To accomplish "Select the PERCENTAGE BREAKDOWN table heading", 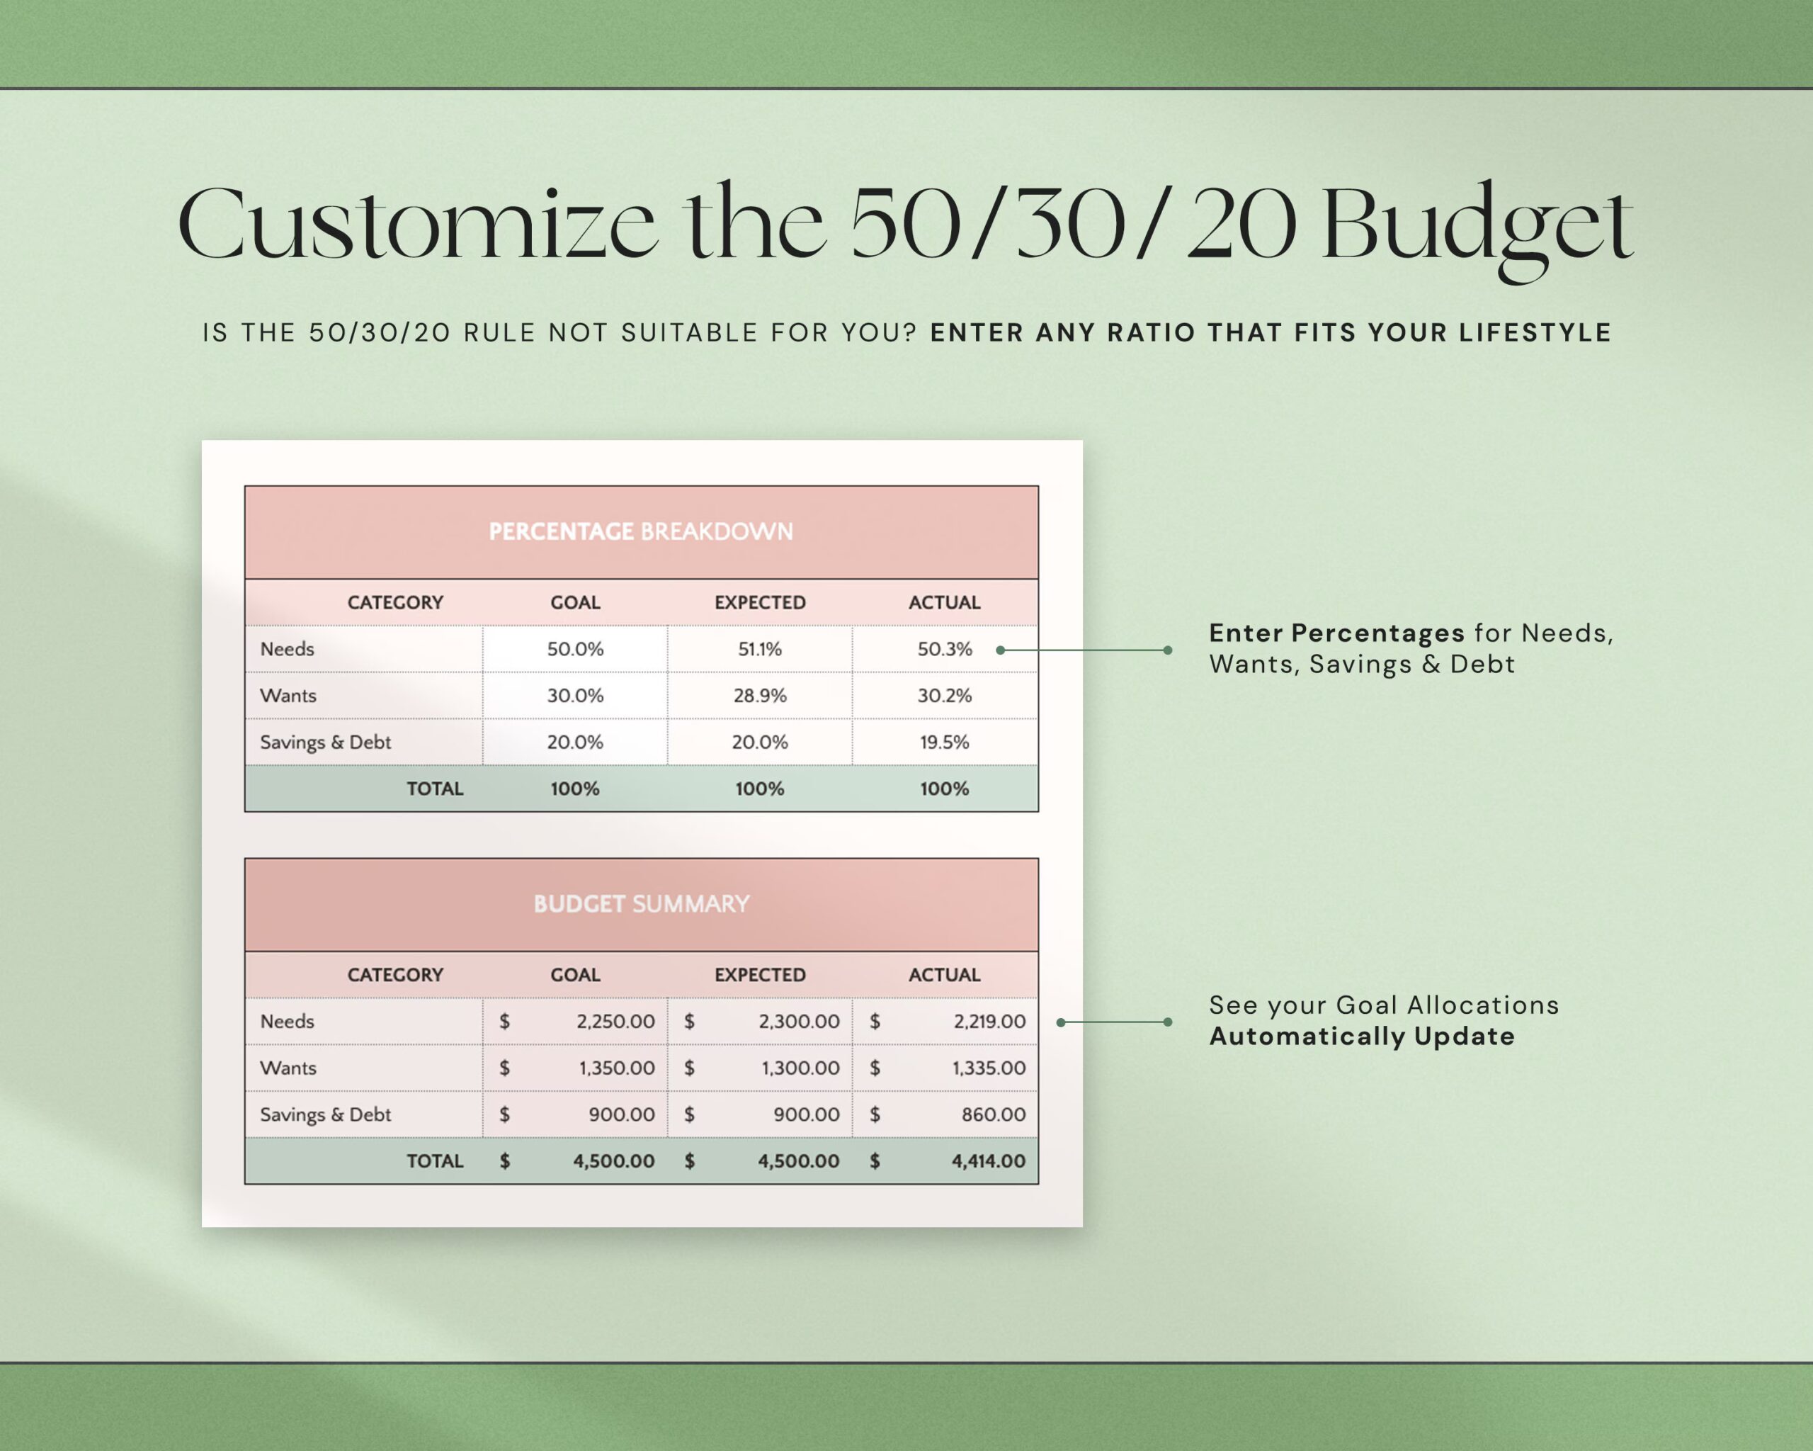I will [x=641, y=531].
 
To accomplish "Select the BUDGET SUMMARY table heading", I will [x=641, y=904].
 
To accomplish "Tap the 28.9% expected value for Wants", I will [x=759, y=696].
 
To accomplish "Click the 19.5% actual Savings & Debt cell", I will [x=944, y=742].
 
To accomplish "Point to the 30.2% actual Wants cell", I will [x=944, y=696].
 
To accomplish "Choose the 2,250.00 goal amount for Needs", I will [x=615, y=1021].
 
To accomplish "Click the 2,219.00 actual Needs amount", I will [x=989, y=1021].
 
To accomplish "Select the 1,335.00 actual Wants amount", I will [x=988, y=1068].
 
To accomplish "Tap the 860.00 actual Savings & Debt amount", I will [x=993, y=1114].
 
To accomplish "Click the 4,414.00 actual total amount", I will [x=988, y=1162].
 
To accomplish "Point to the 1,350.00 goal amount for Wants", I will [x=616, y=1068].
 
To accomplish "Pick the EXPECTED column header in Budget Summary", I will [x=759, y=975].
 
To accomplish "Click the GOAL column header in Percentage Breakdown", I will [x=575, y=602].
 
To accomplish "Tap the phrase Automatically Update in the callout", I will [x=1361, y=1037].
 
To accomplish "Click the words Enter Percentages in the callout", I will [x=1336, y=633].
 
